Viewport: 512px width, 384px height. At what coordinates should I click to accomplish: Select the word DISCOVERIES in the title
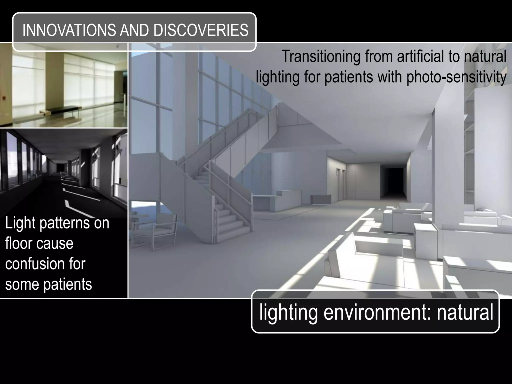click(x=201, y=30)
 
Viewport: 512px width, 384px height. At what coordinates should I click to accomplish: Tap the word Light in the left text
click(x=20, y=223)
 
